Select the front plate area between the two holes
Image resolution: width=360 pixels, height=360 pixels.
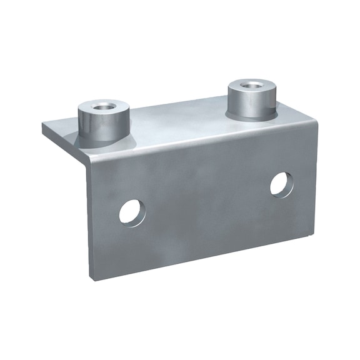(206, 200)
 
